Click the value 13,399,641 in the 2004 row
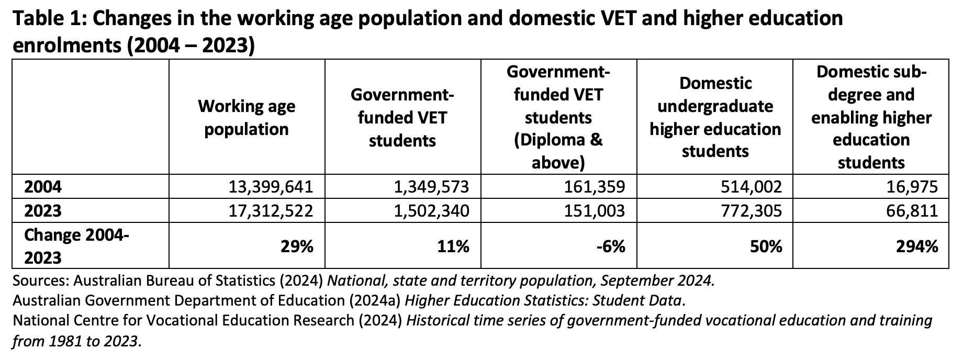(x=271, y=187)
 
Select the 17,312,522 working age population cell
(x=271, y=211)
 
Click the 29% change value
(x=298, y=246)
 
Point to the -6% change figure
(x=611, y=246)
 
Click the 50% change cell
(x=767, y=246)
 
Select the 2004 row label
(x=43, y=187)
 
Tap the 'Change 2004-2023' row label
(x=76, y=246)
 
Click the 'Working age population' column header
(x=247, y=118)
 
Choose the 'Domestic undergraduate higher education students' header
(x=715, y=117)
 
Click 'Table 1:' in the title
(x=47, y=19)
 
